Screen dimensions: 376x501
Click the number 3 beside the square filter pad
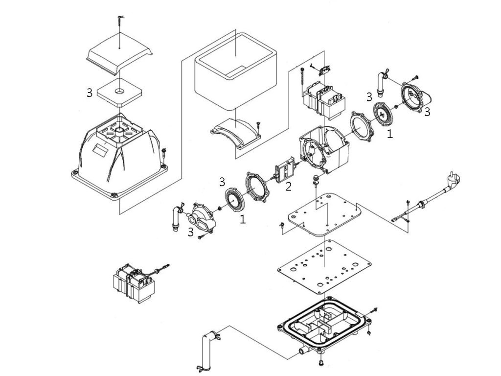tap(89, 93)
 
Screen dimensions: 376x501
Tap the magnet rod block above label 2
tap(284, 171)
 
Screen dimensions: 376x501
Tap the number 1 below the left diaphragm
tap(243, 220)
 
